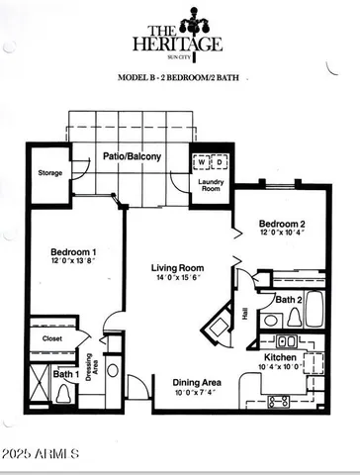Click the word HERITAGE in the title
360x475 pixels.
180,43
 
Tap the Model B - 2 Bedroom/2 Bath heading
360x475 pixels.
179,76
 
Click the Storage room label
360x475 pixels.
50,173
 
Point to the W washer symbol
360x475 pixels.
201,161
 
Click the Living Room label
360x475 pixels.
177,268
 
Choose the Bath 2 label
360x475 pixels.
289,299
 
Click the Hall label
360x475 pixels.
245,313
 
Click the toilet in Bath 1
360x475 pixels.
65,392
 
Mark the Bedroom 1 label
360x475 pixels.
72,253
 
